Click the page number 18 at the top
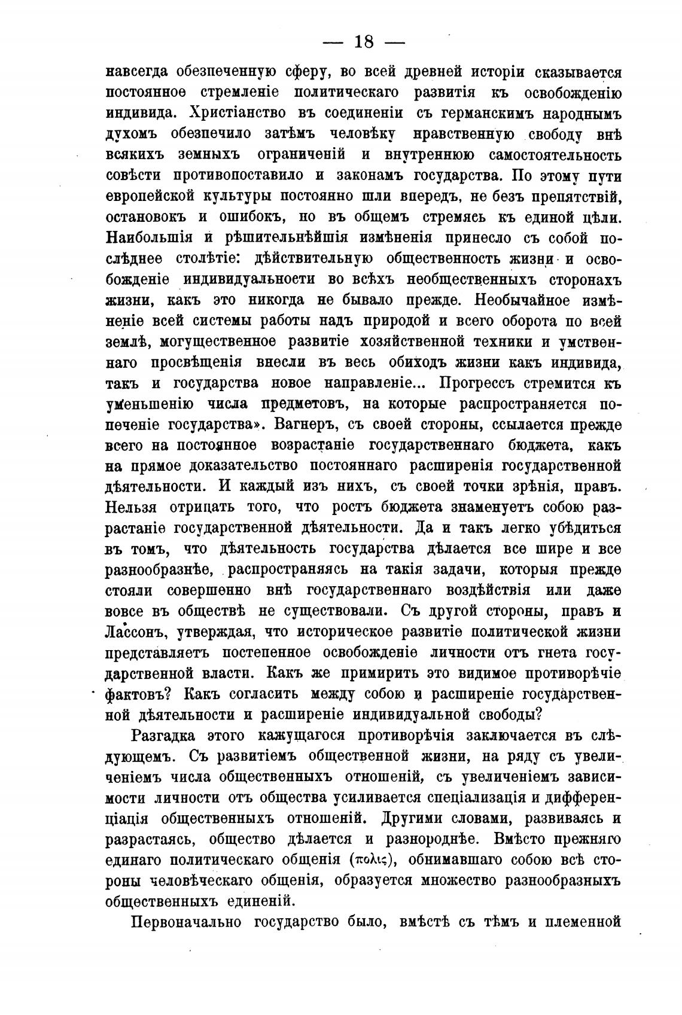pyautogui.click(x=364, y=42)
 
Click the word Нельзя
pyautogui.click(x=131, y=507)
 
